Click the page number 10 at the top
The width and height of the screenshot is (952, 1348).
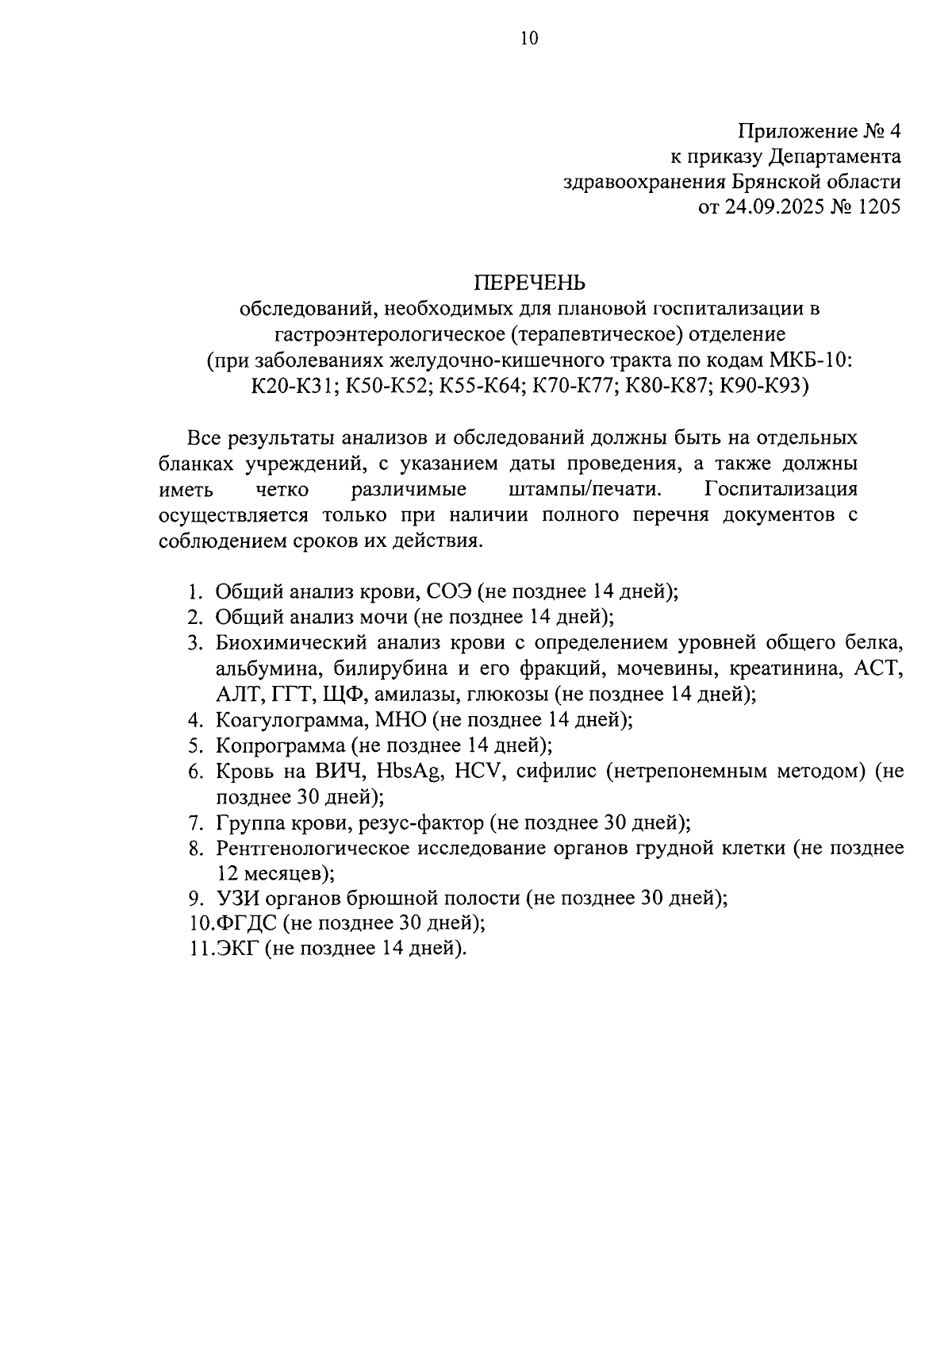click(529, 39)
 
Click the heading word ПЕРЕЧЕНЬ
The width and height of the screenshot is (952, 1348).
click(529, 282)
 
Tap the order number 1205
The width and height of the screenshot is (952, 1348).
click(877, 208)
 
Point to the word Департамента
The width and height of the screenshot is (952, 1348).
click(834, 156)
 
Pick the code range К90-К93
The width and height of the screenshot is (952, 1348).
click(761, 386)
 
